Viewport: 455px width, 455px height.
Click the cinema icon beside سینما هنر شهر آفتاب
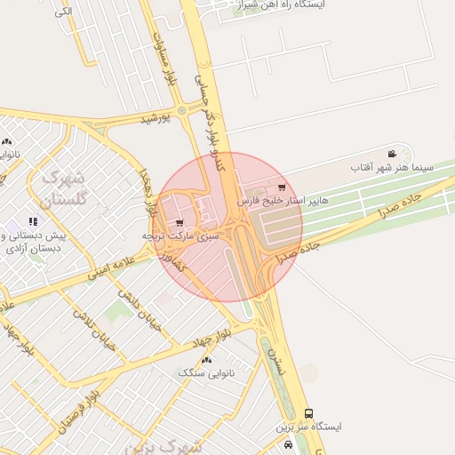point(392,155)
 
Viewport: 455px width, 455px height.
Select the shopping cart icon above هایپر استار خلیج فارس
point(282,188)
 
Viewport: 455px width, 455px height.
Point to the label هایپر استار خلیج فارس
point(283,201)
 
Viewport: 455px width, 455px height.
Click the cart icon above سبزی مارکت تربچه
point(180,223)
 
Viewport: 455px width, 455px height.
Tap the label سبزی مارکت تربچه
point(181,237)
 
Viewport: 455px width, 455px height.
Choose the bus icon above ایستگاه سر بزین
point(308,413)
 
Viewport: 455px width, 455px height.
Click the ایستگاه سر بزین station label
point(309,427)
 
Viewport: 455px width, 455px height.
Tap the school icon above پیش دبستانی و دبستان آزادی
point(33,221)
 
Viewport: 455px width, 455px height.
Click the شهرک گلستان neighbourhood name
point(64,186)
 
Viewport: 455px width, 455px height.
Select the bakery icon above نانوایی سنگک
point(207,360)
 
